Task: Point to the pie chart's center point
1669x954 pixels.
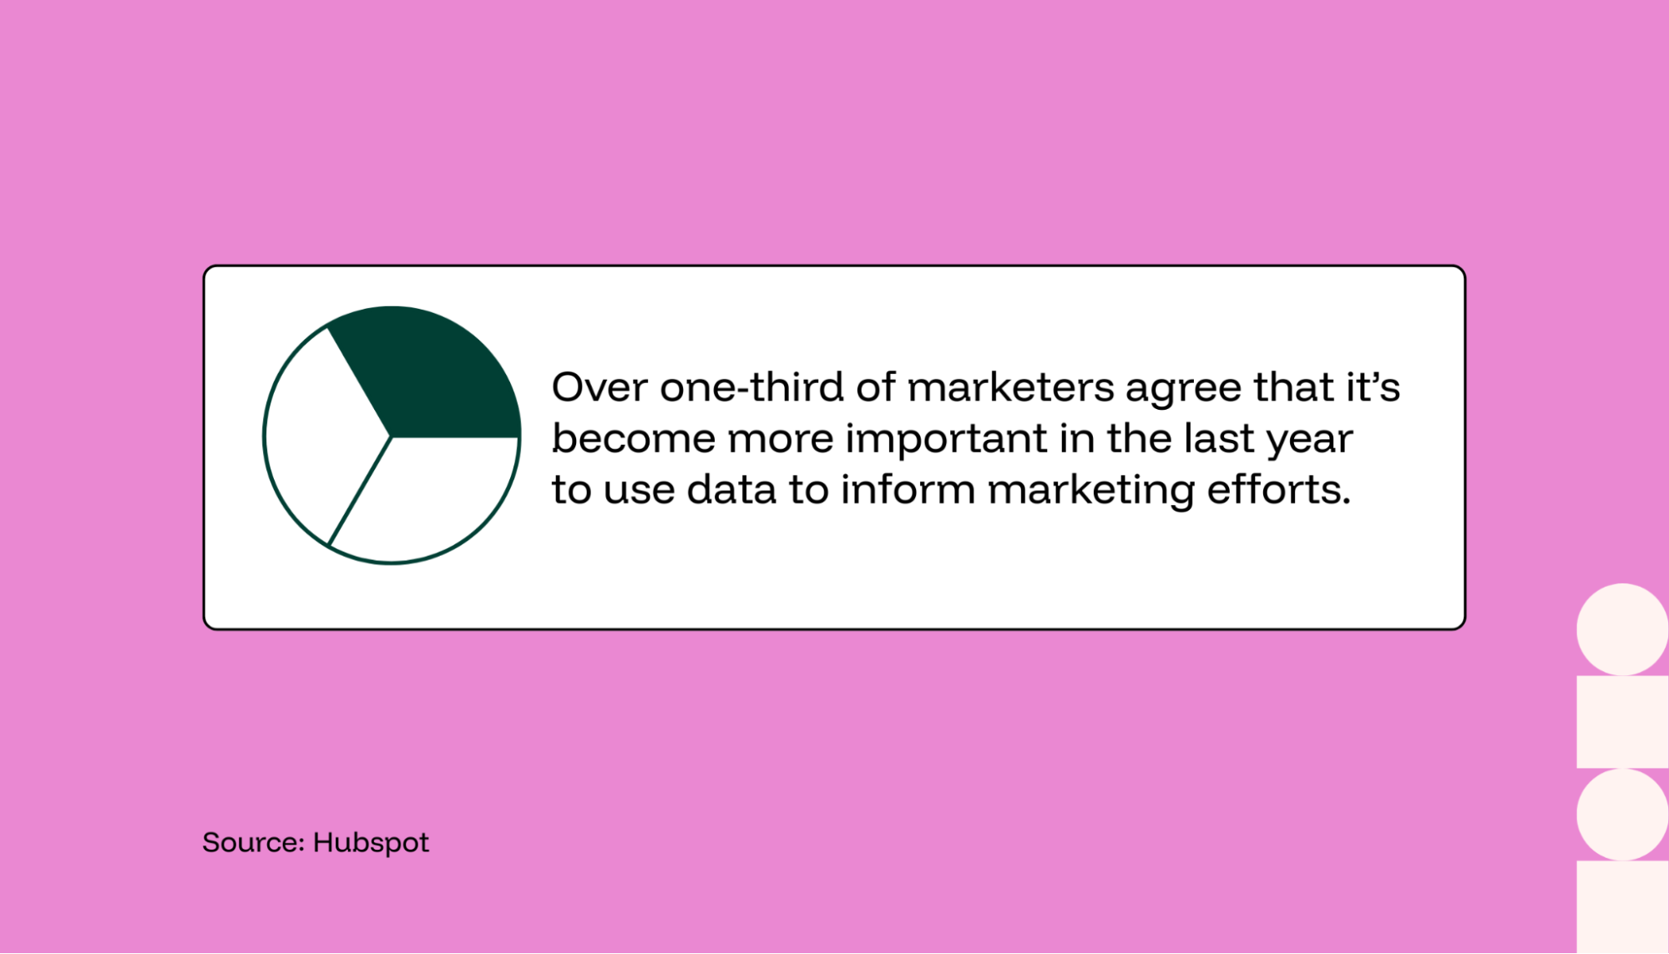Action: (x=391, y=436)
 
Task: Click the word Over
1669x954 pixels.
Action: (x=599, y=387)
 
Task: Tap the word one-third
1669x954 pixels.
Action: (x=752, y=387)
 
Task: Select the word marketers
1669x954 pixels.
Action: (x=1010, y=387)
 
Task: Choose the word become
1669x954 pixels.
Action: (x=634, y=438)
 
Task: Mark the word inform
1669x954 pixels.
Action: (x=908, y=489)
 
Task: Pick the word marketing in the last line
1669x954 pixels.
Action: (x=1090, y=491)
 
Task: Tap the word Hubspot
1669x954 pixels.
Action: (x=371, y=843)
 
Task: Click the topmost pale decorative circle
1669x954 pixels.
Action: (x=1622, y=629)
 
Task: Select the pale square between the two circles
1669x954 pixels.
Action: (x=1622, y=721)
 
